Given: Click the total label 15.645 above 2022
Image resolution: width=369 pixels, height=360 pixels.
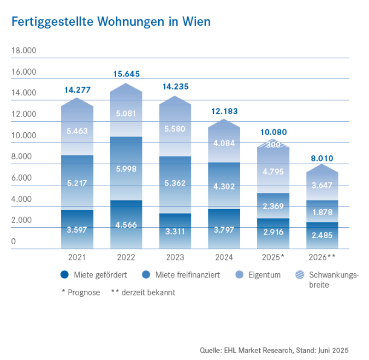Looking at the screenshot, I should coord(126,74).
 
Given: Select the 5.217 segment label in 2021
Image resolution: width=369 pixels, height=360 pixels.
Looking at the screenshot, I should coord(77,183).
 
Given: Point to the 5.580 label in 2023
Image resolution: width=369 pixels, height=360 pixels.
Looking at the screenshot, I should coord(175,129).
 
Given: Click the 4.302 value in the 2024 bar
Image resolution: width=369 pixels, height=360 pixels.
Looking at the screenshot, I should coord(224,187).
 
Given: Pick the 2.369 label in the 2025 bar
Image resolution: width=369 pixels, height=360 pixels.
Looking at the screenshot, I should coord(274,207).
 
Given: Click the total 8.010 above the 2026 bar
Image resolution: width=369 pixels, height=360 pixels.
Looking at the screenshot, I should coord(322,159).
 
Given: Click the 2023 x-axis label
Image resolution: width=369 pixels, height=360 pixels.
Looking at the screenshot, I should coord(175,257).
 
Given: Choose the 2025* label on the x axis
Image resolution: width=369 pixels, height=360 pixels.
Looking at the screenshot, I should coord(274,257).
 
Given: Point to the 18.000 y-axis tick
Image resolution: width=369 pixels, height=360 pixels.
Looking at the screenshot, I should coord(24,50).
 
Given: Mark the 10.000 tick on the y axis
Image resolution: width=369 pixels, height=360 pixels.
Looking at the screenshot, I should coord(24,136).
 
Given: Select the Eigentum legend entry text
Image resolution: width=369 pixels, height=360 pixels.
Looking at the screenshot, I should coord(265,275).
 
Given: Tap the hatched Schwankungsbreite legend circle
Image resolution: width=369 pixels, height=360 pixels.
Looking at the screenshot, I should coord(300,275).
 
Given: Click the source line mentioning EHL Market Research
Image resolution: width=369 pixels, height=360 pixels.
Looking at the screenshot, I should coord(274,349).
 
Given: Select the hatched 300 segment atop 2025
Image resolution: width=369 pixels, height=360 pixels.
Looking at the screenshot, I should coord(274,144).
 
